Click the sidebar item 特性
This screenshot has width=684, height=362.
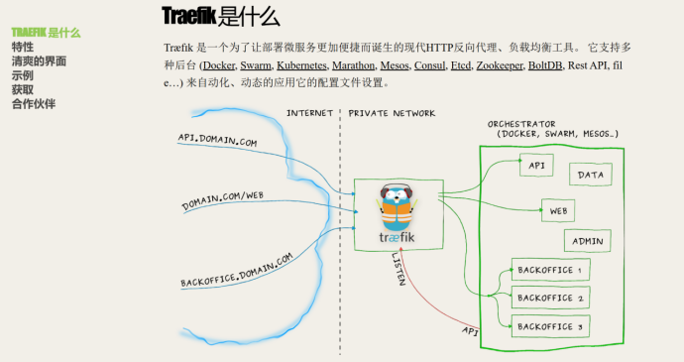pyautogui.click(x=23, y=47)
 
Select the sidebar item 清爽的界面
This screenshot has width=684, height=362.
pyautogui.click(x=39, y=61)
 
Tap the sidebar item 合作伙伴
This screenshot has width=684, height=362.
pyautogui.click(x=34, y=104)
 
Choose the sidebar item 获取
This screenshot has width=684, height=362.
pyautogui.click(x=23, y=89)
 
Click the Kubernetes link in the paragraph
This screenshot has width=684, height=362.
pyautogui.click(x=301, y=65)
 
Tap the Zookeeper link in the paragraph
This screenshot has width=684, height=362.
pyautogui.click(x=499, y=65)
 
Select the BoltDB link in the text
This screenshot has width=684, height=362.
pyautogui.click(x=545, y=65)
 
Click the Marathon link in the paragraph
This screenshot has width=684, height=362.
pyautogui.click(x=353, y=65)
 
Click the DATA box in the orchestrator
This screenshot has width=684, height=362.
pyautogui.click(x=591, y=175)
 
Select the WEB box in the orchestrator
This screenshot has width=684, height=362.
pyautogui.click(x=558, y=211)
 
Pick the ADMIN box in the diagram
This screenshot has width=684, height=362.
pyautogui.click(x=588, y=241)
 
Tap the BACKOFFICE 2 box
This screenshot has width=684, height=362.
pyautogui.click(x=550, y=298)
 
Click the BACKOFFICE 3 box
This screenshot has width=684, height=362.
pyautogui.click(x=550, y=326)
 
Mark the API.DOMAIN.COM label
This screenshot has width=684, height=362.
pyautogui.click(x=217, y=140)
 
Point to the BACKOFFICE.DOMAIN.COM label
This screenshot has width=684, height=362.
pyautogui.click(x=237, y=271)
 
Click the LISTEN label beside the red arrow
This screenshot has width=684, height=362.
pyautogui.click(x=399, y=269)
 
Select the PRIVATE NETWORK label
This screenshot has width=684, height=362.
pyautogui.click(x=392, y=113)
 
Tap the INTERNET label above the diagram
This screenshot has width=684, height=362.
pyautogui.click(x=309, y=113)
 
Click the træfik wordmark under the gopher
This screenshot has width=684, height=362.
pyautogui.click(x=397, y=238)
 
